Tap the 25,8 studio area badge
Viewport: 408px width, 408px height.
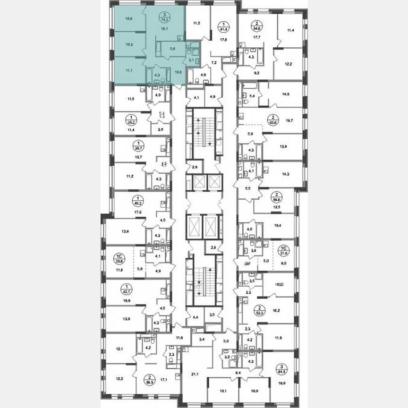pos(119,259)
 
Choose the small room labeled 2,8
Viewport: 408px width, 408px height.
pos(213,247)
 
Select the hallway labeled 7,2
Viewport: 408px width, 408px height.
pos(213,62)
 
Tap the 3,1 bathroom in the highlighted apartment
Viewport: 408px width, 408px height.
pos(190,60)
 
